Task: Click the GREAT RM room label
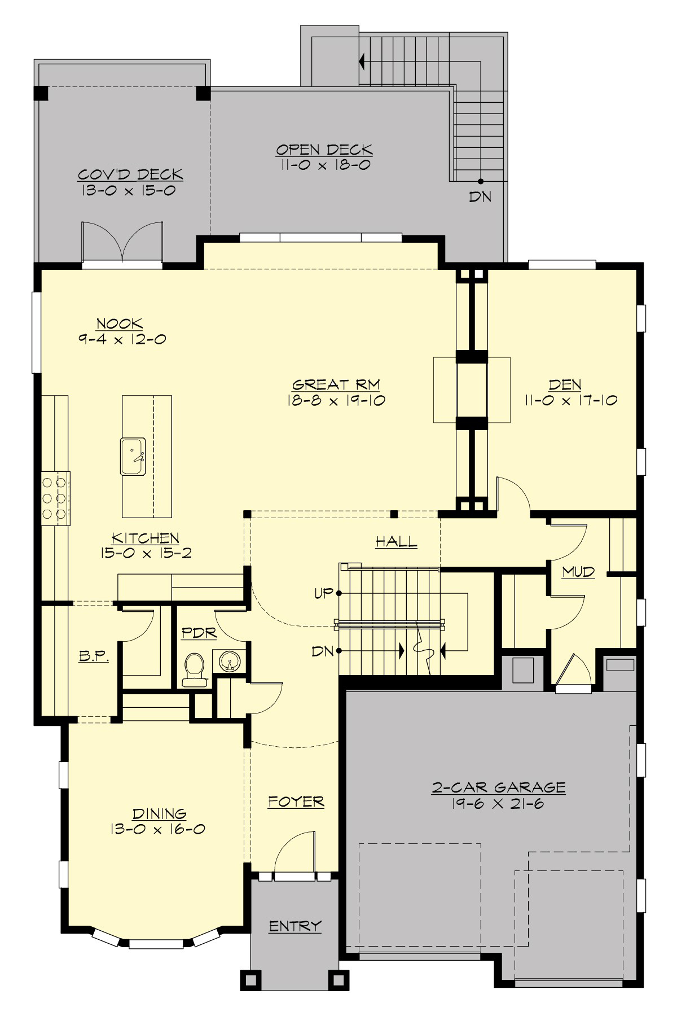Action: (x=336, y=385)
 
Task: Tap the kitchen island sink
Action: (x=133, y=456)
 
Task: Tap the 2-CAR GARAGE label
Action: (x=498, y=787)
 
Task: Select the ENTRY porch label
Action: (x=294, y=926)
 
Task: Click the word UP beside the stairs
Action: (x=323, y=594)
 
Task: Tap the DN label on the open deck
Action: (x=480, y=197)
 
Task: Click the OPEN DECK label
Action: (x=324, y=150)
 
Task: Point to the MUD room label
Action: (x=578, y=572)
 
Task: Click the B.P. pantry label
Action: (x=93, y=656)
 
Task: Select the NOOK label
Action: (x=120, y=324)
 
